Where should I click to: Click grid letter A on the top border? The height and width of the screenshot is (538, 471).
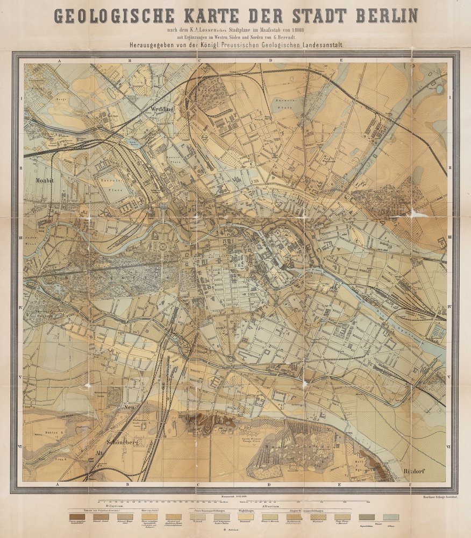[x=58, y=61]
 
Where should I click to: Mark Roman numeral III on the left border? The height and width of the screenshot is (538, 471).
[x=20, y=237]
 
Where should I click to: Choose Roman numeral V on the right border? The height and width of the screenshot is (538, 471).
[x=449, y=377]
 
